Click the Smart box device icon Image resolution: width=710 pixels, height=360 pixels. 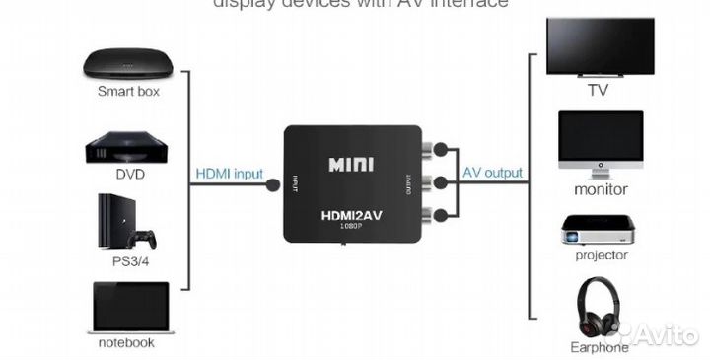point(128,64)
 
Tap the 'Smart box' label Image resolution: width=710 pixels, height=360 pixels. point(128,92)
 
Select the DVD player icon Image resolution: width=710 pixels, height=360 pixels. point(127,146)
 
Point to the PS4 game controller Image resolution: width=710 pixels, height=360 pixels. point(145,239)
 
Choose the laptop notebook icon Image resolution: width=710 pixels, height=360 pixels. point(129,307)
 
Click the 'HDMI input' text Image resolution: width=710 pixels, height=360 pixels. point(229,174)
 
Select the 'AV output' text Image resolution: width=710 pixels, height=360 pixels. point(493,174)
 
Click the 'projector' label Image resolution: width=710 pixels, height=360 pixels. point(601,255)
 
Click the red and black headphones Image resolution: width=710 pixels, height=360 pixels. point(600,309)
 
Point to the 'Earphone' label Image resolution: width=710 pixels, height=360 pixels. point(600,347)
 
